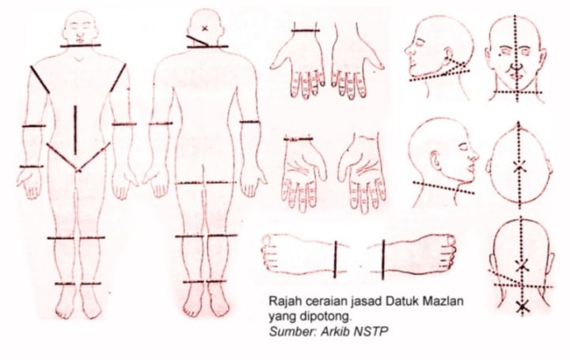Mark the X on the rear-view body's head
[x=205, y=28]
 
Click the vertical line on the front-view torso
[x=75, y=130]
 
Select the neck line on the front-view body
[x=80, y=46]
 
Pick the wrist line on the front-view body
[x=31, y=167]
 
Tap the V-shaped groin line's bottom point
[x=78, y=170]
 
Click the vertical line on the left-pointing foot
[x=335, y=259]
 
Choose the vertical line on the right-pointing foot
[x=383, y=260]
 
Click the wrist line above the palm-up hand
[x=298, y=138]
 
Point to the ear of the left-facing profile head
[x=446, y=54]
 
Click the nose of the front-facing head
[x=515, y=66]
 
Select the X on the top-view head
[x=520, y=167]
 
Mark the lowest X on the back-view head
[x=522, y=307]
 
